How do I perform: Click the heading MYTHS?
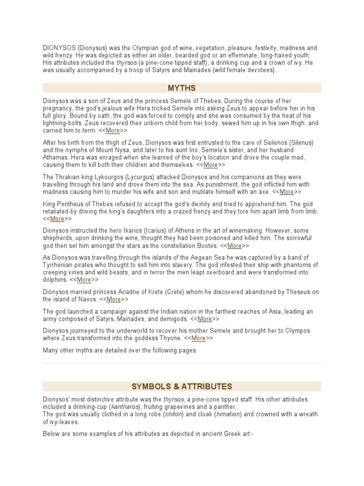click(182, 88)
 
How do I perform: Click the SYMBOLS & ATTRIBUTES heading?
click(182, 386)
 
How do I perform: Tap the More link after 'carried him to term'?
click(113, 131)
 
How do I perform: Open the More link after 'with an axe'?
click(287, 192)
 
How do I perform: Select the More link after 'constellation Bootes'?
click(235, 246)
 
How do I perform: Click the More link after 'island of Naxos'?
click(114, 299)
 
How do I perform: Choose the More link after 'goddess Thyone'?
click(199, 338)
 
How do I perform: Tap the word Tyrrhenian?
click(59, 265)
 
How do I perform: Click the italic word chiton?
click(174, 415)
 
